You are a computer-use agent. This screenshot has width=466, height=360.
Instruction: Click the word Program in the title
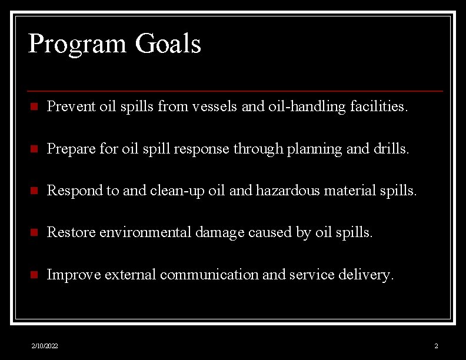click(x=78, y=44)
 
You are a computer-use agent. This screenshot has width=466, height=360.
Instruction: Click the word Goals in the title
click(x=168, y=44)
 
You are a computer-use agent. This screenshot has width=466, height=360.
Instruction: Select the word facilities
click(x=378, y=107)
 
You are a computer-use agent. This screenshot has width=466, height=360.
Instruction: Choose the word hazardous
click(x=287, y=191)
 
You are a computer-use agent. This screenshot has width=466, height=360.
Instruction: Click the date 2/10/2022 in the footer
click(x=45, y=346)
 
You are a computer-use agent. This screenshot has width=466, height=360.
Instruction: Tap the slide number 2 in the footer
click(x=436, y=346)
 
